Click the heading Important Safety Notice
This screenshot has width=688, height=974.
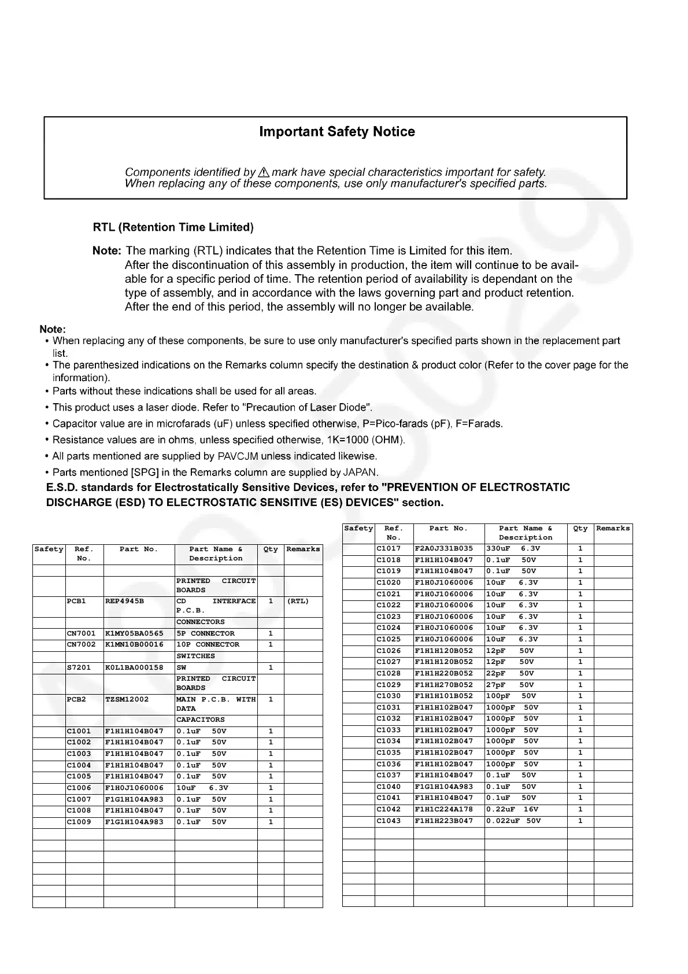click(x=336, y=132)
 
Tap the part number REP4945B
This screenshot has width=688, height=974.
click(x=124, y=602)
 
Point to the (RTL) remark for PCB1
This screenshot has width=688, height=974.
click(x=298, y=602)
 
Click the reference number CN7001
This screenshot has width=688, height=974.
click(x=82, y=634)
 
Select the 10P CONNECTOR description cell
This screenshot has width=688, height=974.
click(x=208, y=645)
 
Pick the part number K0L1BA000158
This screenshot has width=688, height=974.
click(x=134, y=668)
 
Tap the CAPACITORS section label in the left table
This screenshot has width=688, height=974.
click(x=201, y=720)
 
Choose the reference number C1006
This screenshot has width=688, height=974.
click(x=79, y=788)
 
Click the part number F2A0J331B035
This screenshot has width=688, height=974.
click(x=444, y=549)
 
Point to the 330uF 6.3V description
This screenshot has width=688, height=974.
click(x=513, y=549)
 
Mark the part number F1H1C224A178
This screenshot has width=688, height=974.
click(x=444, y=810)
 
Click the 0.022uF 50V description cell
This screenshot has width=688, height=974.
click(x=513, y=821)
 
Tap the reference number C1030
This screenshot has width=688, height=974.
click(x=389, y=696)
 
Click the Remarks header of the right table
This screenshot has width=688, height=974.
click(x=613, y=529)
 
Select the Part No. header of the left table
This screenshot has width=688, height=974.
click(x=138, y=549)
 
